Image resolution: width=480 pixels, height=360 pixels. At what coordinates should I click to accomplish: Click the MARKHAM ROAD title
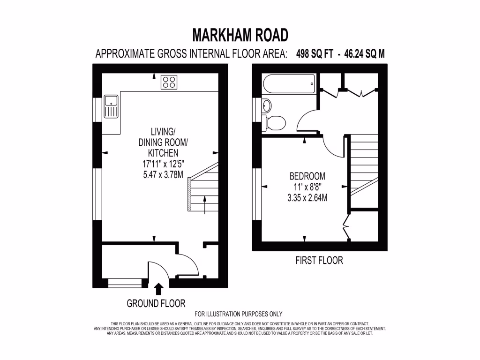point(240,35)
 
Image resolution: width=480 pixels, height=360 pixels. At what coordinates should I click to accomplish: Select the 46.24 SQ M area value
point(364,53)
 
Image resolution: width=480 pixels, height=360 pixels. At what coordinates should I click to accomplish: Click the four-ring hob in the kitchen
point(169,82)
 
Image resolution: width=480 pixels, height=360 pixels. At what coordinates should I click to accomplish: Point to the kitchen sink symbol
point(112,106)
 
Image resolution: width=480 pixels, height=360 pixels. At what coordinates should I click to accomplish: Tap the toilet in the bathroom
point(276,123)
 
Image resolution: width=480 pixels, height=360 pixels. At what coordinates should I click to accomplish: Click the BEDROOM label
point(307,177)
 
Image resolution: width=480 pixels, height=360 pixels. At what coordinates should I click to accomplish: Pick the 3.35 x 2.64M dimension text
point(307,198)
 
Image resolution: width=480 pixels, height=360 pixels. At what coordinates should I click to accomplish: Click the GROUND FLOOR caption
point(156,303)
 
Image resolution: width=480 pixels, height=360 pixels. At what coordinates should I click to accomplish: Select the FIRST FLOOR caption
point(319,260)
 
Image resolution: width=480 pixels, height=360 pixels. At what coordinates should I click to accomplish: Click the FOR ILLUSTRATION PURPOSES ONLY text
point(238,314)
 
